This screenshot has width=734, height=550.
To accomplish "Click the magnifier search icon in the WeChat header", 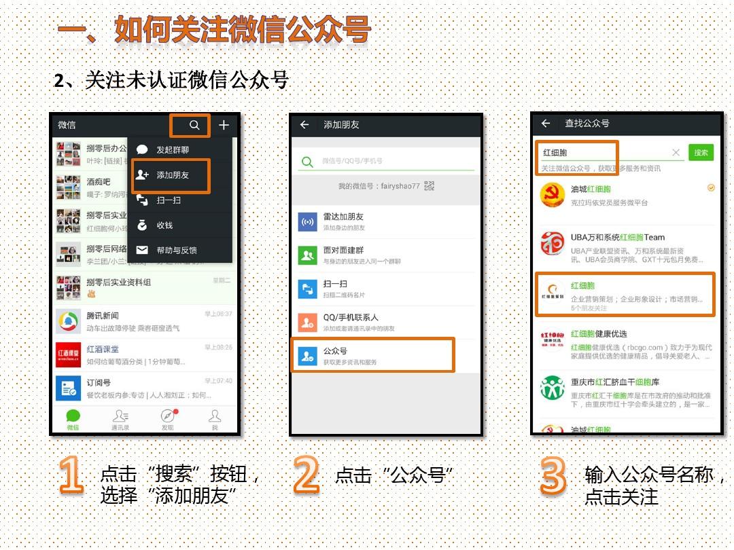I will [x=194, y=125].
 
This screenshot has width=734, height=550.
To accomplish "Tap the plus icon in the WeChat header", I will [x=224, y=125].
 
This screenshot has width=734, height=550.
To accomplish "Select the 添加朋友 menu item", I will [x=172, y=175].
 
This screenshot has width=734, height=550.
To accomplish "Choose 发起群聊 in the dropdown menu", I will [x=172, y=150].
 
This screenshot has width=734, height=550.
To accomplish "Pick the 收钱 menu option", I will [x=164, y=225].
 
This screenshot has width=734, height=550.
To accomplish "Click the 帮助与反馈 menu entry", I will [x=176, y=250].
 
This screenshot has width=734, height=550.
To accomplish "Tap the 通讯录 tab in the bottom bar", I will [x=120, y=420].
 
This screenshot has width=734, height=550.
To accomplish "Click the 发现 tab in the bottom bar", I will [x=167, y=420].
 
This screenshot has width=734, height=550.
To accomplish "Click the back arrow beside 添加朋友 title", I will [x=304, y=125].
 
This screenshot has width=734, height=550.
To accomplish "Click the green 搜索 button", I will [x=701, y=153].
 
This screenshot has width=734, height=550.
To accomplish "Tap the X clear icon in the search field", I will [x=676, y=153].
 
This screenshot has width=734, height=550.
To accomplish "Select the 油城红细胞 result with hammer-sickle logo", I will [x=625, y=196].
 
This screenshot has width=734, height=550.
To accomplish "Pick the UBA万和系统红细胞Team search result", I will [x=625, y=244].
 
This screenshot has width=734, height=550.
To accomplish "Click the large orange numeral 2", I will [x=307, y=474].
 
